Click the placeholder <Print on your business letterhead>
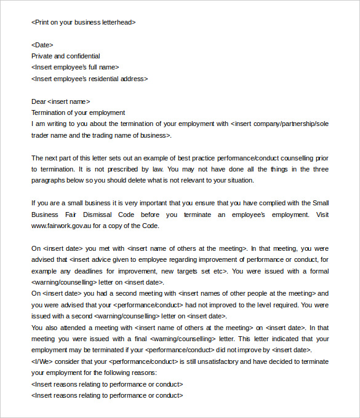click(x=83, y=22)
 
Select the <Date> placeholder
click(x=42, y=45)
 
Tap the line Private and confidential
click(x=65, y=56)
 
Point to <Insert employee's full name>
click(x=75, y=68)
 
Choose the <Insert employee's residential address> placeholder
click(x=89, y=79)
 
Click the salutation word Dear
click(x=38, y=101)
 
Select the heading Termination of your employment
click(x=78, y=112)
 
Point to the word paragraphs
click(x=49, y=181)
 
